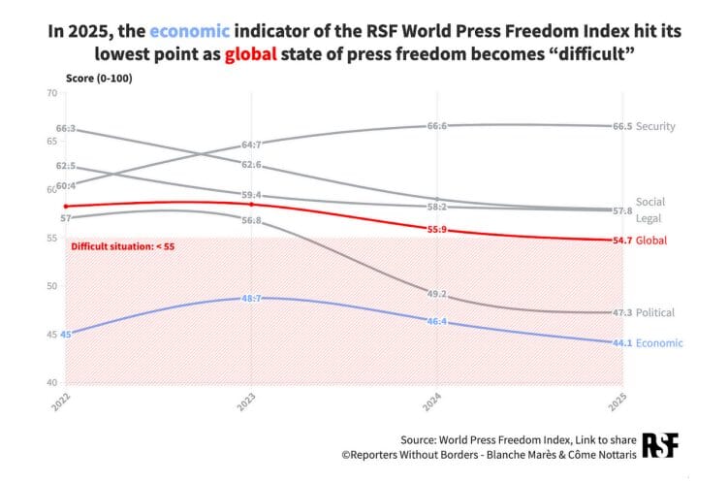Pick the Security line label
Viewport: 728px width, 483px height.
(x=655, y=126)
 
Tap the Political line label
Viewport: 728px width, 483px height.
(x=655, y=312)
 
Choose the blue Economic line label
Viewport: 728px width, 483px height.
(x=659, y=342)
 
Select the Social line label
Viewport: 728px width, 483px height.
(x=649, y=202)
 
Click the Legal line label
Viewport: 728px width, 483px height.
(x=648, y=218)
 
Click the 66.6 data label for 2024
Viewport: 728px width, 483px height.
(x=437, y=126)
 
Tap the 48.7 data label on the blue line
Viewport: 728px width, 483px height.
(x=251, y=298)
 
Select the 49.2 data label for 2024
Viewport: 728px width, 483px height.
(x=437, y=293)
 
